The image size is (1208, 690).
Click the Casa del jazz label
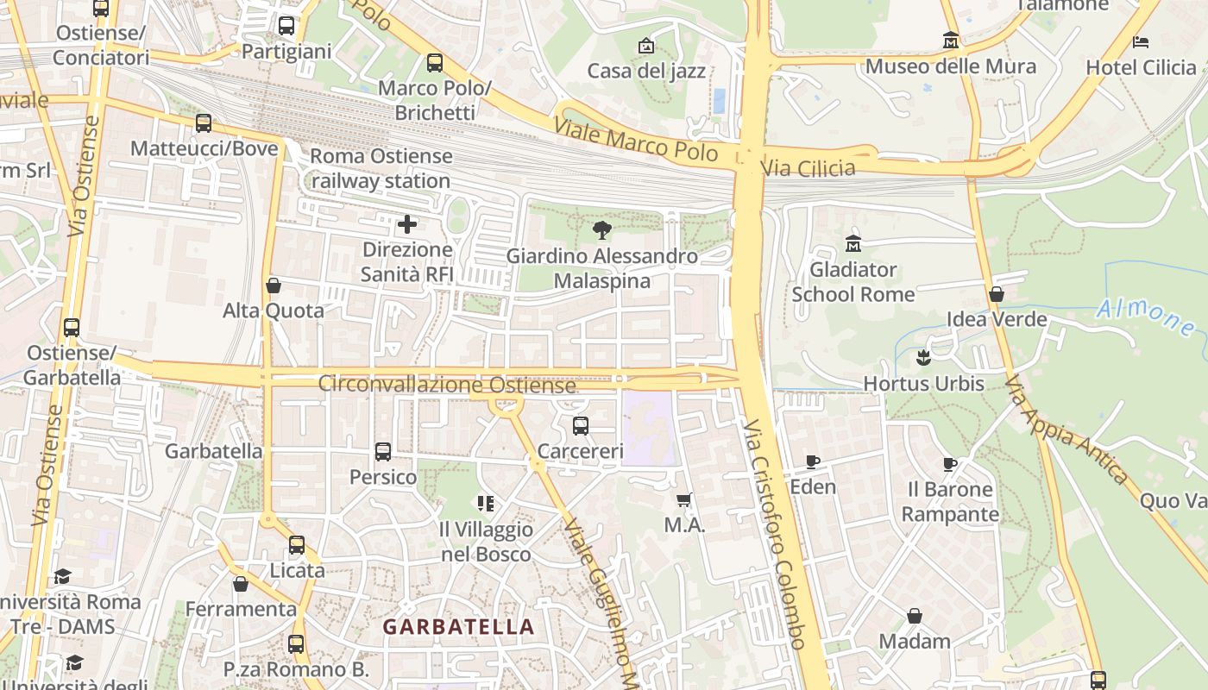pyautogui.click(x=646, y=71)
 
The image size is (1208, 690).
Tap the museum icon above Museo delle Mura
pyautogui.click(x=951, y=41)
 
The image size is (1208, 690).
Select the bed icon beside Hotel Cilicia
pyautogui.click(x=1141, y=41)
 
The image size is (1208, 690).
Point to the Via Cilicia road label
pyautogui.click(x=808, y=167)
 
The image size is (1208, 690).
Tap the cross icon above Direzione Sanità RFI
pyautogui.click(x=407, y=225)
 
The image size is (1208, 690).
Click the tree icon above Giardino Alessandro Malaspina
pyautogui.click(x=602, y=230)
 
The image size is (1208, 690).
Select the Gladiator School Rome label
pyautogui.click(x=853, y=282)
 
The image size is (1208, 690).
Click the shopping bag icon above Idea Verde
pyautogui.click(x=997, y=294)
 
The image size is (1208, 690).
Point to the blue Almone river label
pyautogui.click(x=1146, y=317)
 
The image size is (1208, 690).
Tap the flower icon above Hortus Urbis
pyautogui.click(x=924, y=357)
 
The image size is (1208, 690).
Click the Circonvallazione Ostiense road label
pyautogui.click(x=447, y=384)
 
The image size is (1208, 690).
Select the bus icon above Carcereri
pyautogui.click(x=581, y=425)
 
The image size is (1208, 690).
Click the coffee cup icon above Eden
pyautogui.click(x=813, y=461)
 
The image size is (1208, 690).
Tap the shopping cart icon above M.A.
pyautogui.click(x=685, y=499)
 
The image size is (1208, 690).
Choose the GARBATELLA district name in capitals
pyautogui.click(x=459, y=627)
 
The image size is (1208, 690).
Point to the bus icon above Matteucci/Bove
pyautogui.click(x=204, y=123)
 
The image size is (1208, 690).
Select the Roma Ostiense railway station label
pyautogui.click(x=381, y=168)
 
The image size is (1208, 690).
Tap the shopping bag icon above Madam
pyautogui.click(x=915, y=616)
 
